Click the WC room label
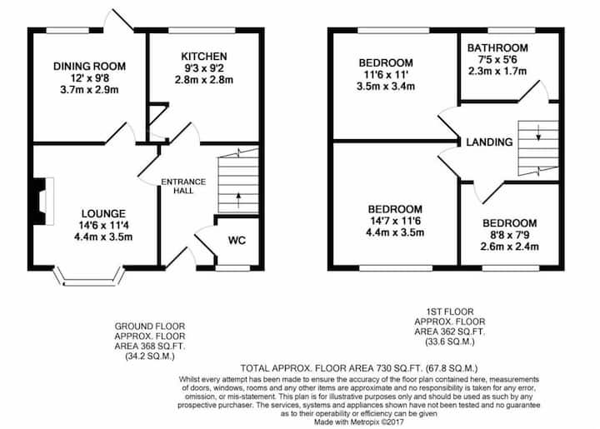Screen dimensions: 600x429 click(x=237, y=241)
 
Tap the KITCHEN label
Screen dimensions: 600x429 click(x=204, y=57)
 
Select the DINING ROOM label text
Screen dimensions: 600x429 click(x=89, y=67)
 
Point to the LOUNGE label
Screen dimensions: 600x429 click(x=103, y=214)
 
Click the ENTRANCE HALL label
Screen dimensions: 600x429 click(x=183, y=187)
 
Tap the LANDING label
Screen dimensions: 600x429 click(x=489, y=142)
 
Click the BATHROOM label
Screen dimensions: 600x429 click(x=497, y=48)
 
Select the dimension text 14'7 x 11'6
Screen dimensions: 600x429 click(x=395, y=221)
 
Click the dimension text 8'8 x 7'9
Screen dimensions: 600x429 click(x=509, y=235)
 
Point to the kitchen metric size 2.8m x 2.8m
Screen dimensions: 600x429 click(x=204, y=80)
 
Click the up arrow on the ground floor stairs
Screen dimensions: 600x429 click(x=238, y=200)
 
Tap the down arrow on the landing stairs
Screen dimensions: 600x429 click(x=538, y=132)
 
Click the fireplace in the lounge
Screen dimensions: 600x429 click(x=42, y=201)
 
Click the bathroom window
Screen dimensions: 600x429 click(x=512, y=31)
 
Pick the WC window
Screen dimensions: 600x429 click(x=232, y=268)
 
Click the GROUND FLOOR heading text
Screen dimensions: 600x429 click(x=150, y=327)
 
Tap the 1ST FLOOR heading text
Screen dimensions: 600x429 click(x=450, y=312)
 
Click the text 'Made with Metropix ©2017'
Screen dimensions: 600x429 click(x=359, y=422)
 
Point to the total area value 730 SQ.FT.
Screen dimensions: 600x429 click(x=403, y=368)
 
